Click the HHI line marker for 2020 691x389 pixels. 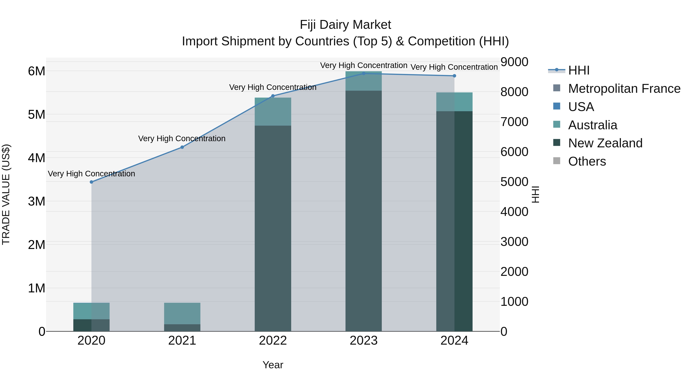coord(92,182)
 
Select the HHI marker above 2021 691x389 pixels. coord(182,147)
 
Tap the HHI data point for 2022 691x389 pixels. coord(273,96)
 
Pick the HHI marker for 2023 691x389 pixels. coord(364,74)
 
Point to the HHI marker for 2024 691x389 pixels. coord(454,76)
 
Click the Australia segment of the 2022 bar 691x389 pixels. coord(273,112)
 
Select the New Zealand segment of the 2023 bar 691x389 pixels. coord(364,211)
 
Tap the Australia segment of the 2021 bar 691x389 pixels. coord(182,314)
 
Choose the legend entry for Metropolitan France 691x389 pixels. coord(624,89)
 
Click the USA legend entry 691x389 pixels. coord(581,107)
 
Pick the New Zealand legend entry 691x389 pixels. coord(605,143)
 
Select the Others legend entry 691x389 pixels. coord(587,161)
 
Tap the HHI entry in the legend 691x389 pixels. coord(579,70)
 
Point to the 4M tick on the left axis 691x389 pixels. coord(36,158)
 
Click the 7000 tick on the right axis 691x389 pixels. coord(514,122)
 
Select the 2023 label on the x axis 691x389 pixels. coord(364,341)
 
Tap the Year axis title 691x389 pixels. coord(273,365)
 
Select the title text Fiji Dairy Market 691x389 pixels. coord(345,25)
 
